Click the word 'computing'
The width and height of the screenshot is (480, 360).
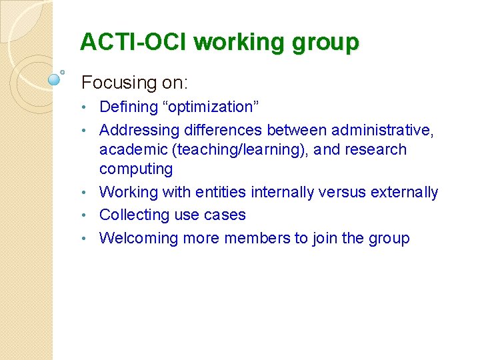pyautogui.click(x=136, y=169)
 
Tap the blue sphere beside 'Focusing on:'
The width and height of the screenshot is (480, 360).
pyautogui.click(x=55, y=79)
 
